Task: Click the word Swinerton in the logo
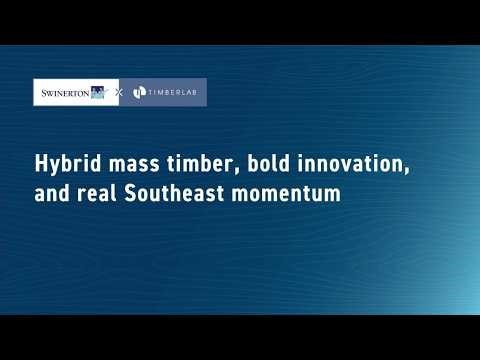[63, 93]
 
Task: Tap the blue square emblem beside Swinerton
[98, 93]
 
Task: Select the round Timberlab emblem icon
[140, 93]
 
